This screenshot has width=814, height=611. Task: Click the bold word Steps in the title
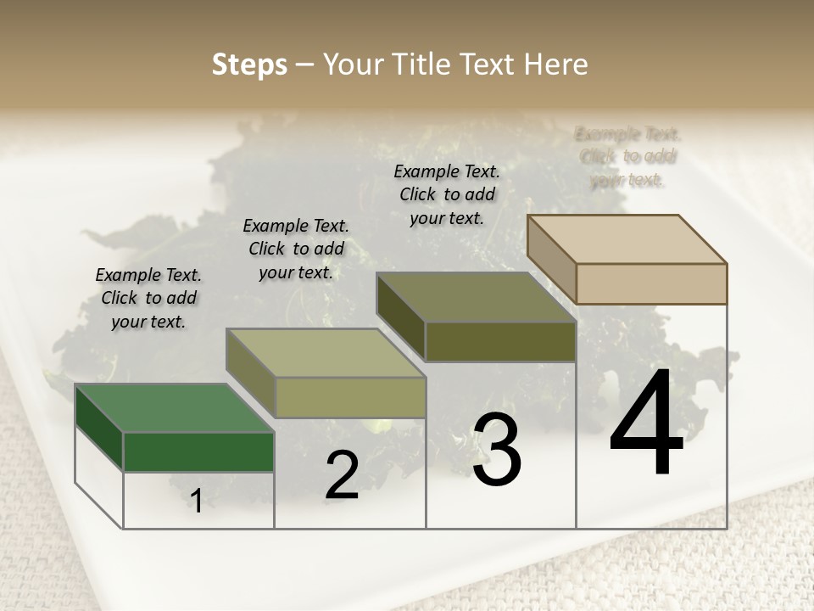(249, 64)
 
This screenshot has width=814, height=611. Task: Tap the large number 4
(646, 424)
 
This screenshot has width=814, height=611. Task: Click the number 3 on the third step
(497, 450)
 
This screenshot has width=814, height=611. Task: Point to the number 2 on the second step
(343, 475)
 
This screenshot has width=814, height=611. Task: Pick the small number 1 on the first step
(197, 502)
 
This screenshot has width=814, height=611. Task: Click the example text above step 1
(148, 298)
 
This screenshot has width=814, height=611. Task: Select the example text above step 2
(296, 249)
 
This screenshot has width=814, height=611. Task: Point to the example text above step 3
(447, 194)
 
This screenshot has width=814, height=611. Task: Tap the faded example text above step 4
(627, 156)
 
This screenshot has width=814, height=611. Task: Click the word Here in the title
(556, 64)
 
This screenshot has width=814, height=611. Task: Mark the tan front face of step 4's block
(651, 283)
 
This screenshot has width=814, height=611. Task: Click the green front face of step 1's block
(198, 451)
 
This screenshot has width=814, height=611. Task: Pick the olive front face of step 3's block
(500, 341)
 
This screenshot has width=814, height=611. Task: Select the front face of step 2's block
(350, 397)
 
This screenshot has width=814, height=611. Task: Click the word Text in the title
(488, 64)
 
